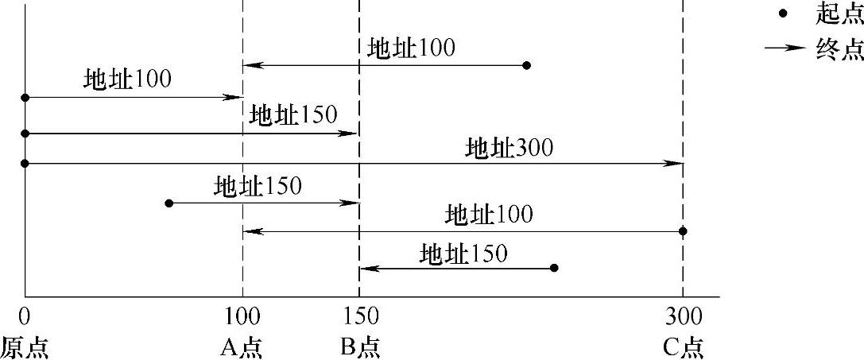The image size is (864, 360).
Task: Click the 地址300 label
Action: click(x=509, y=148)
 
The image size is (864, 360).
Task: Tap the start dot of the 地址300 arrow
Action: click(x=25, y=163)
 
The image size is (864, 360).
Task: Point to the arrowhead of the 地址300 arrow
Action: click(x=677, y=163)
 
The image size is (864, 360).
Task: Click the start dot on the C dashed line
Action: click(x=683, y=231)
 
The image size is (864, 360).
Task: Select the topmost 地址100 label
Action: click(x=411, y=48)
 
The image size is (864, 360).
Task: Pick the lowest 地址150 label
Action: click(x=463, y=254)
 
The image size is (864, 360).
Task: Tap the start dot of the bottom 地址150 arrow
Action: click(x=554, y=268)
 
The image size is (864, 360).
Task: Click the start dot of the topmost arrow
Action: click(x=525, y=64)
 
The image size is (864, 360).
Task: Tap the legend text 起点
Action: click(x=839, y=14)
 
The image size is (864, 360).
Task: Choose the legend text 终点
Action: click(x=839, y=49)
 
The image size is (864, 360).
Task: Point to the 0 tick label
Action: click(x=25, y=315)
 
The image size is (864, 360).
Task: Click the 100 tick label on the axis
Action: click(x=242, y=315)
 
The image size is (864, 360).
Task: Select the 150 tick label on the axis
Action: click(x=360, y=315)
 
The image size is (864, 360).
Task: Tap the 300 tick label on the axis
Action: click(x=683, y=315)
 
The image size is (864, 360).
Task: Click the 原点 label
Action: click(x=25, y=347)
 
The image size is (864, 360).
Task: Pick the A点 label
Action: click(x=242, y=347)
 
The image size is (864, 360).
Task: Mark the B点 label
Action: click(x=360, y=347)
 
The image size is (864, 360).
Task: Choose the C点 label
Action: click(x=683, y=347)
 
